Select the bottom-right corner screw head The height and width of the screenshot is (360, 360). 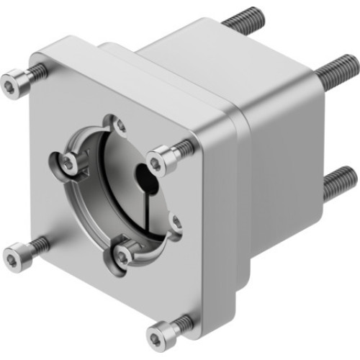click(x=159, y=336)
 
